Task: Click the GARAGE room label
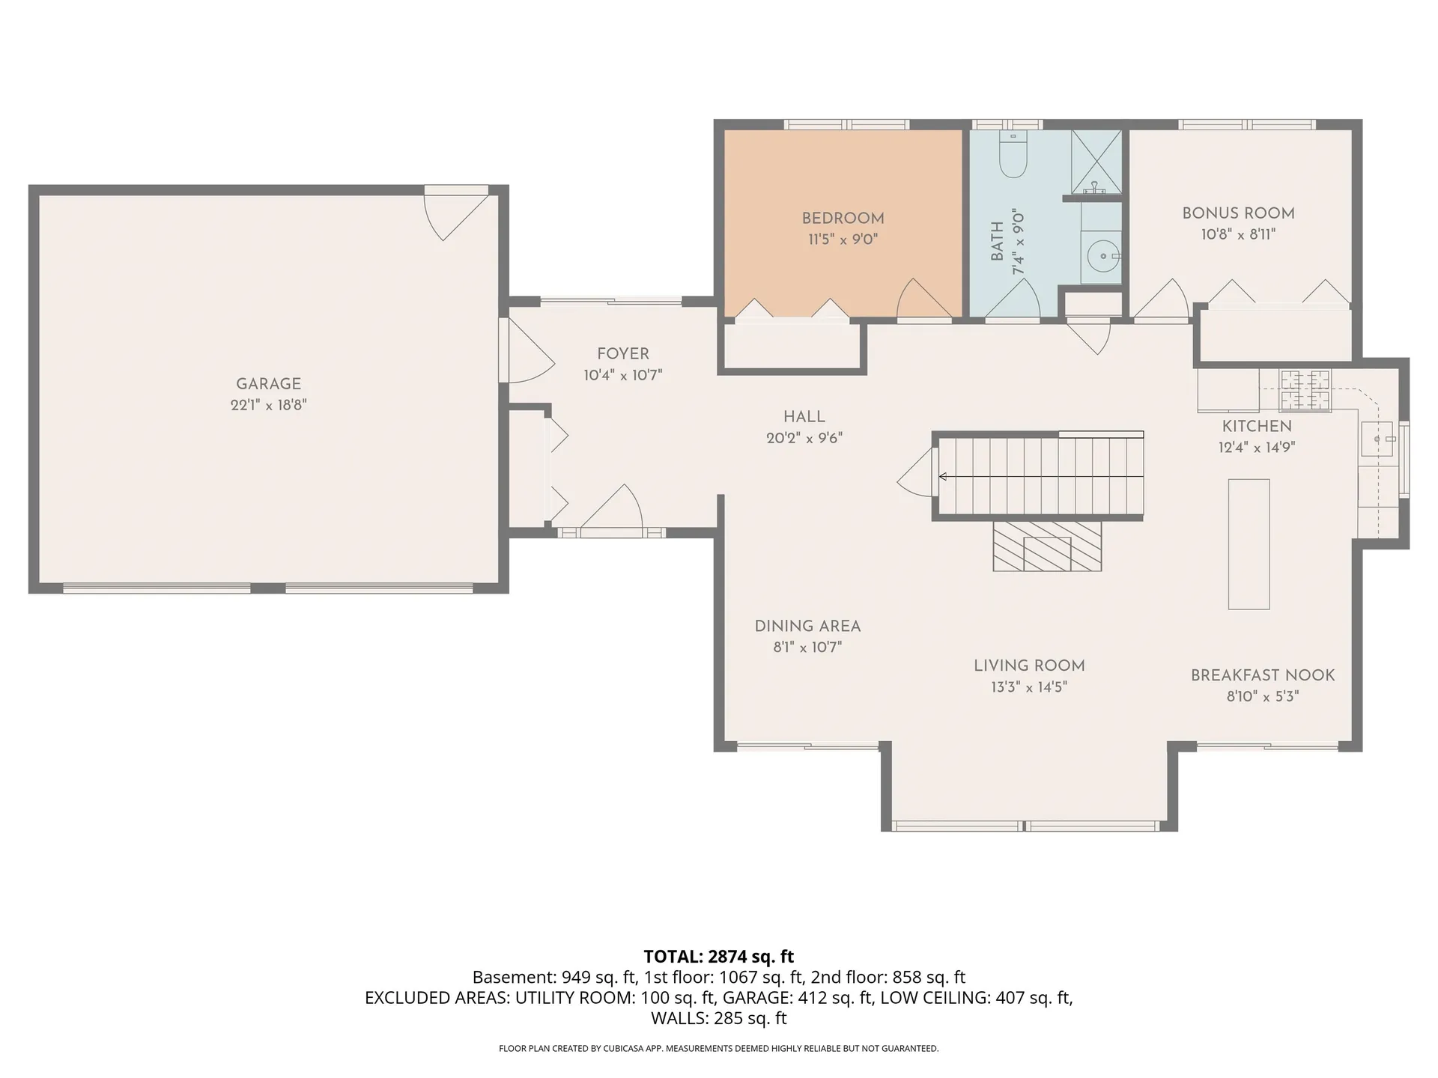click(x=268, y=384)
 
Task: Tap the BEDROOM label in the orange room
click(x=843, y=219)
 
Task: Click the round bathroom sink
click(x=1103, y=256)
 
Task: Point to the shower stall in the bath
click(x=1096, y=162)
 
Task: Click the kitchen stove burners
click(x=1305, y=391)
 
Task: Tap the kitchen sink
click(x=1377, y=439)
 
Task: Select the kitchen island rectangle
click(x=1249, y=544)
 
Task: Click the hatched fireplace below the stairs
click(x=1047, y=546)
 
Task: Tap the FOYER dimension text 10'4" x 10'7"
click(x=623, y=376)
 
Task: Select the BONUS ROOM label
click(x=1238, y=213)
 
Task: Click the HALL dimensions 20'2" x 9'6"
click(x=804, y=439)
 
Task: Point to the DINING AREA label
click(x=807, y=627)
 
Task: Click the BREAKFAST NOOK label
click(x=1263, y=675)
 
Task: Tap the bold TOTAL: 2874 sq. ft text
click(x=719, y=957)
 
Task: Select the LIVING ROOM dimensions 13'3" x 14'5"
click(x=1029, y=687)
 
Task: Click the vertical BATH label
click(x=997, y=242)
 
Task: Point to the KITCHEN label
click(x=1257, y=427)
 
